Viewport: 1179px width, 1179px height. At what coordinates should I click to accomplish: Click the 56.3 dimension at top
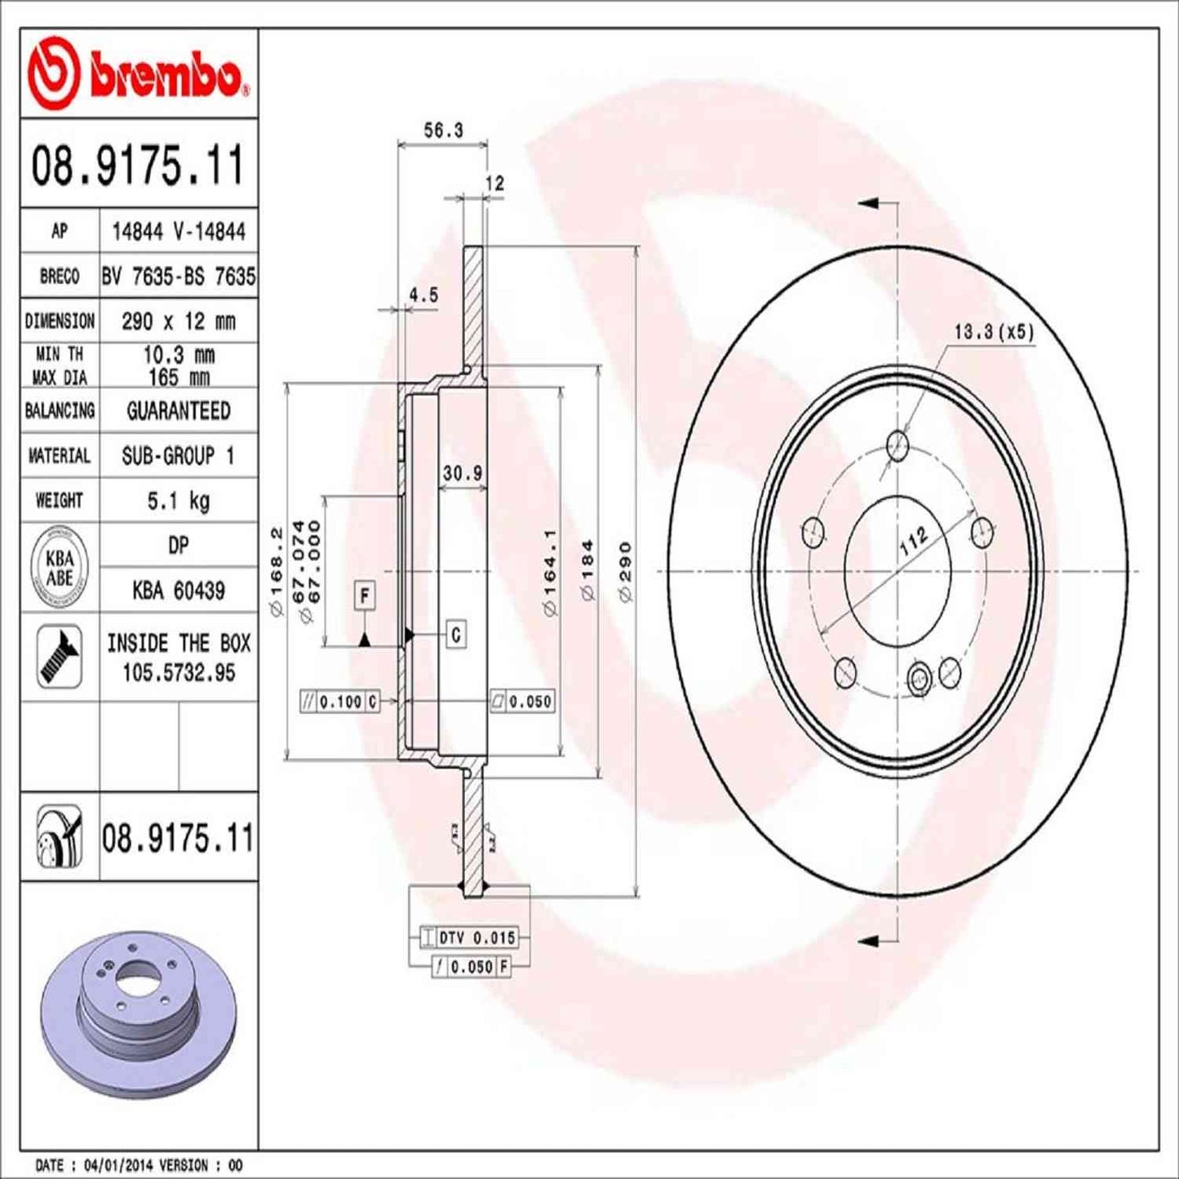pos(443,131)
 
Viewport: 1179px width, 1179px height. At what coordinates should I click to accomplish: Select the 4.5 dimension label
pos(423,295)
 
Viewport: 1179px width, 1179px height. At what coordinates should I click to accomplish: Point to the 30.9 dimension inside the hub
pos(463,473)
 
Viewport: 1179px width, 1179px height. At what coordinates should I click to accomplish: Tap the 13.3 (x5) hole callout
pos(993,332)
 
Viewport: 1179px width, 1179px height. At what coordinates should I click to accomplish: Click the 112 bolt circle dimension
pos(913,542)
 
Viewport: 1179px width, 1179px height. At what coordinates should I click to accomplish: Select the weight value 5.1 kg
pos(178,500)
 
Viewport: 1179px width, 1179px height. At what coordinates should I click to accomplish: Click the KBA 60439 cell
pos(178,590)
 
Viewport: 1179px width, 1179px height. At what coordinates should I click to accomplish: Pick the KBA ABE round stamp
pos(60,567)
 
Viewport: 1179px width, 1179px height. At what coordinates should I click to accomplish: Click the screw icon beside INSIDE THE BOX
pos(60,656)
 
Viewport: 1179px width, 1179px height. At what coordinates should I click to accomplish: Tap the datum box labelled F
pos(365,596)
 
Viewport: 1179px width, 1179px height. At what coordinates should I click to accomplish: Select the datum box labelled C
pos(456,634)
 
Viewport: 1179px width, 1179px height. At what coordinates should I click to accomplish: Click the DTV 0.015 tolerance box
pos(468,937)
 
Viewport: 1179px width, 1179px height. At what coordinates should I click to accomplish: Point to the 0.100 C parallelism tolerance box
pos(340,701)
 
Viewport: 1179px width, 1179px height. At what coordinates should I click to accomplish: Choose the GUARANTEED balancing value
pos(178,410)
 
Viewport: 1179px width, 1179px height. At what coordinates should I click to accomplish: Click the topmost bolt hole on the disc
pos(897,445)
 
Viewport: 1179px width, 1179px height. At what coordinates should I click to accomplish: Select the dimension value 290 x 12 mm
pos(178,321)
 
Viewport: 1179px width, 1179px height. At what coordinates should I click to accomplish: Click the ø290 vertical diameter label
pos(626,571)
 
